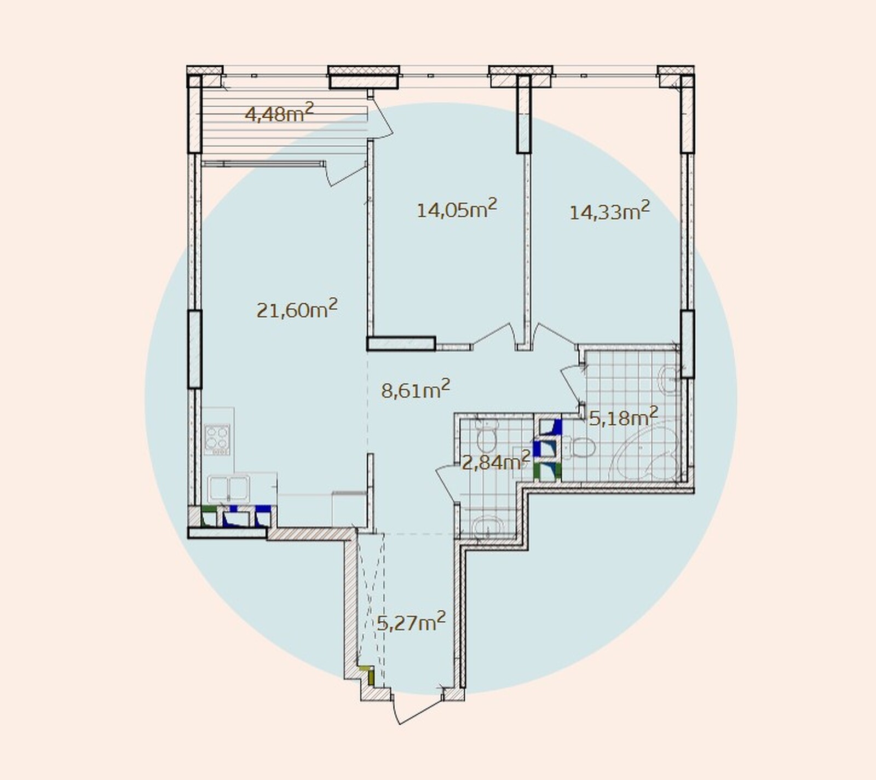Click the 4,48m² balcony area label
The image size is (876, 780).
pos(279,113)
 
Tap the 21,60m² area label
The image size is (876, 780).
pos(297,309)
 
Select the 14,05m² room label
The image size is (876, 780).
pos(457,209)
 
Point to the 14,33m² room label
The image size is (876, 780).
pos(609,211)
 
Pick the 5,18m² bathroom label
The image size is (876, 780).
pos(623,417)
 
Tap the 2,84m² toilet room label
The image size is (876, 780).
pos(496,461)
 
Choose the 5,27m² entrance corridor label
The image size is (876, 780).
pos(411,622)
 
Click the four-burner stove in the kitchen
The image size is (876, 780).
pos(217,440)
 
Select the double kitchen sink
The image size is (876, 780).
pos(229,488)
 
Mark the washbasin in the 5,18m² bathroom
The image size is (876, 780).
pos(669,379)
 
